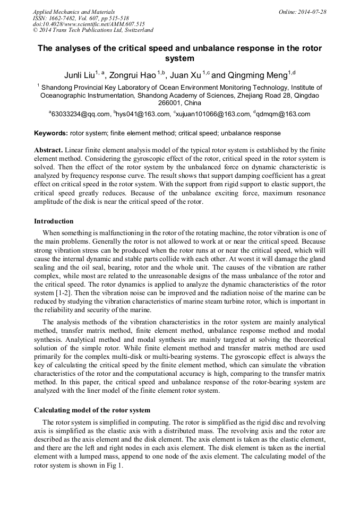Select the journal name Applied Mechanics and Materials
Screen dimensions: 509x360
pyautogui.click(x=74, y=12)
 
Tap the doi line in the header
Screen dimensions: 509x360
pyautogui.click(x=89, y=24)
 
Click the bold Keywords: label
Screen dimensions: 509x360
pyautogui.click(x=51, y=133)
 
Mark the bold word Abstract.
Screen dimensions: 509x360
pyautogui.click(x=48, y=150)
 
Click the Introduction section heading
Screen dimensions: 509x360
pyautogui.click(x=54, y=221)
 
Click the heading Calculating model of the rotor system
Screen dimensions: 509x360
pyautogui.click(x=92, y=410)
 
